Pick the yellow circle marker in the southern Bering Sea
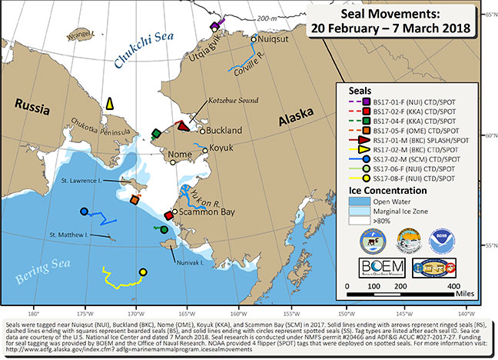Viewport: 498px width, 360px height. tap(142, 272)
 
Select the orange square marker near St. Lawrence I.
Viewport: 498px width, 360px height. tap(134, 200)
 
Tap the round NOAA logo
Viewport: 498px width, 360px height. tap(463, 236)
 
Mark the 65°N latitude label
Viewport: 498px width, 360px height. tap(486, 15)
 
